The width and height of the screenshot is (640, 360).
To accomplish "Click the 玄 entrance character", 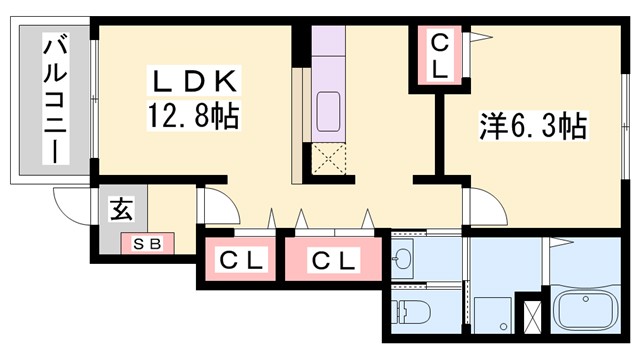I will tap(121, 210).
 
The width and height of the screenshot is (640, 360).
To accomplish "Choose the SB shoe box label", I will tap(147, 242).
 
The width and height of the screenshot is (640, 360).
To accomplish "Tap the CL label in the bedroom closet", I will tap(440, 55).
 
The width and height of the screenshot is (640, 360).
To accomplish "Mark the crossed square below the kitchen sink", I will tap(328, 158).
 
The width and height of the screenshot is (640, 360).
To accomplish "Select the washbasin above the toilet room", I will tap(404, 259).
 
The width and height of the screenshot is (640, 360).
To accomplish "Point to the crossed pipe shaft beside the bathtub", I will tap(532, 315).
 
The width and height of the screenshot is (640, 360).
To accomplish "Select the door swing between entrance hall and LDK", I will tap(218, 207).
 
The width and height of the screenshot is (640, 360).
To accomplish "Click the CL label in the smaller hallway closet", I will tap(241, 262).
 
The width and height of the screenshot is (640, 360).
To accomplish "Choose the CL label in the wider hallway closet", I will tap(333, 262).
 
